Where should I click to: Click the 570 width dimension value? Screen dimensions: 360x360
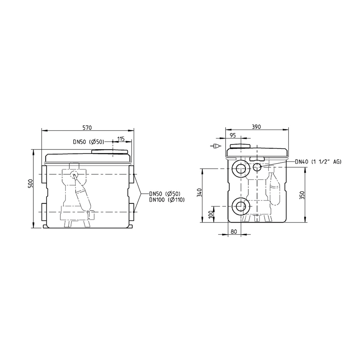[87, 127]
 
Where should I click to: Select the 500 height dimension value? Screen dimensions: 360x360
[31, 183]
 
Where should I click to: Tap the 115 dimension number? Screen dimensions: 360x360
[121, 139]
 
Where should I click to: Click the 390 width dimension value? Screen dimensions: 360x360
[256, 127]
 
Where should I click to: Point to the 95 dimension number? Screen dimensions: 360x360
[233, 135]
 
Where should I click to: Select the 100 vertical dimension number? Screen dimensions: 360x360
[211, 214]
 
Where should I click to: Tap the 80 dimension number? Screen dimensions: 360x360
[234, 232]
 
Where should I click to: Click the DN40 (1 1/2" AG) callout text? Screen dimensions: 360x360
[318, 162]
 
